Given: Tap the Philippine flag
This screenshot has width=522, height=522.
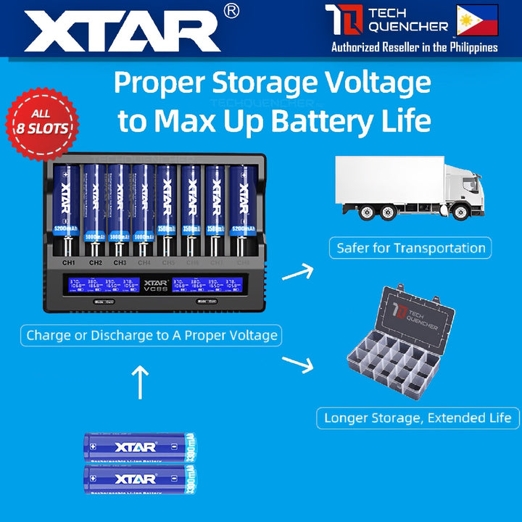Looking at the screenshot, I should tap(476, 20).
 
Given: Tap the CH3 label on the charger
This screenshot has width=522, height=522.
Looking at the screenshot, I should tap(120, 262).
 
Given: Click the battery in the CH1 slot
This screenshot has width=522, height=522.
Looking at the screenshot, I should tap(69, 210).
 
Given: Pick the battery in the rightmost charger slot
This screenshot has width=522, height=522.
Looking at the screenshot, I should tap(241, 210).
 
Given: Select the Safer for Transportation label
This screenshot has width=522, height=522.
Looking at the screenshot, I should tap(411, 248).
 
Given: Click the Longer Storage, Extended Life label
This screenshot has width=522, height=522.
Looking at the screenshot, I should tap(418, 418).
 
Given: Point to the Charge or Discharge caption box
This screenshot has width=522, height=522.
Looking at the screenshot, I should tap(152, 335).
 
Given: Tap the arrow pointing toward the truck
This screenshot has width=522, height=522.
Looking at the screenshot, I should tap(297, 273).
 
